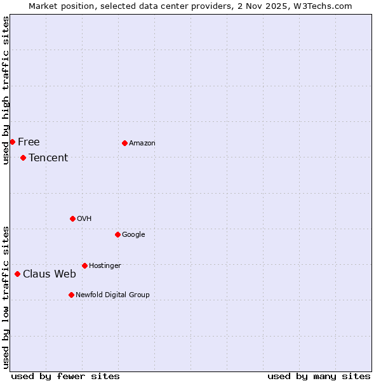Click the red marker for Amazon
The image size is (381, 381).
124,143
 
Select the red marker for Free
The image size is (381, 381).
12,142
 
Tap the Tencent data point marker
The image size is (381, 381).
23,157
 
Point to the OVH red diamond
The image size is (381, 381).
72,218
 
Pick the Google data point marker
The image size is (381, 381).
117,234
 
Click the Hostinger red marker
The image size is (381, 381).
84,265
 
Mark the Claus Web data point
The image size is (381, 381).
17,274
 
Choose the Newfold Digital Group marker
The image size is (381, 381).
71,295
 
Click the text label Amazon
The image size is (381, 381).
142,144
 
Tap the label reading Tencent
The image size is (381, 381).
48,158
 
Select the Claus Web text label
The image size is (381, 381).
50,274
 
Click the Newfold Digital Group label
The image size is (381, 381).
112,295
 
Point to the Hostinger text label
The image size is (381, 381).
105,265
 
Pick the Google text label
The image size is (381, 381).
133,235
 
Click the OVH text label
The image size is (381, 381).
84,219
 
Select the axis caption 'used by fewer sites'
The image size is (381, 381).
65,376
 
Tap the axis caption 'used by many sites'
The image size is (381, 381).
319,376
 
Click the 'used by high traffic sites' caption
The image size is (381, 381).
6,90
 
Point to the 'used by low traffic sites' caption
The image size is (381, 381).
6,297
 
